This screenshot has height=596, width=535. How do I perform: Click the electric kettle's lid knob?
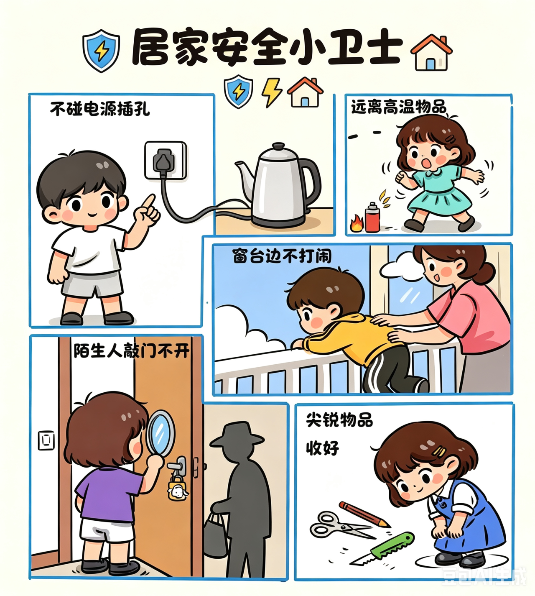278,146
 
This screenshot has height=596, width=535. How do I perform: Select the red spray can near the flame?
372,217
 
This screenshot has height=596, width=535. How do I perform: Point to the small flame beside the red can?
357,223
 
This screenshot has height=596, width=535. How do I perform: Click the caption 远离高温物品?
398,107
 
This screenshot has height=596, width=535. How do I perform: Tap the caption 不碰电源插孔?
100,109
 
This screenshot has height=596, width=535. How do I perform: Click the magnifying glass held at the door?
160,434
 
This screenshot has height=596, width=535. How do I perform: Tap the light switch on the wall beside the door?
46,440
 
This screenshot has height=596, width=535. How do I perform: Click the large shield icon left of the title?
101,51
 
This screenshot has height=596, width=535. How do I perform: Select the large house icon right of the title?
431,52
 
